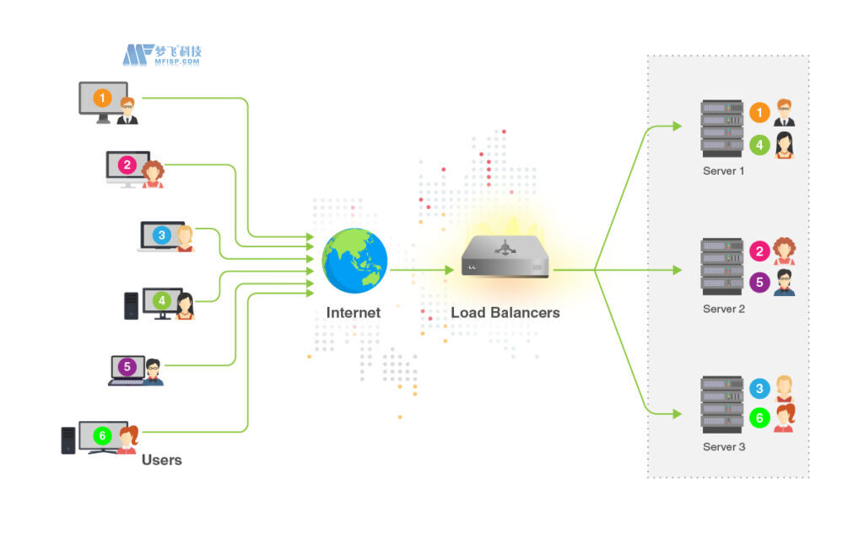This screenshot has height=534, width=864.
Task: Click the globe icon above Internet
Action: pos(354,262)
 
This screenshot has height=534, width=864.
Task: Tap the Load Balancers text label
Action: pos(505,313)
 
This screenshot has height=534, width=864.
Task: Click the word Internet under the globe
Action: pos(354,313)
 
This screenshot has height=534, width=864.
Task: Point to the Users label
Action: pos(161,461)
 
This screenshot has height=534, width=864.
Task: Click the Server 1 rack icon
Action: pos(721,129)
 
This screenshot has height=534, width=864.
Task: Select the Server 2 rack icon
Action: pos(721,267)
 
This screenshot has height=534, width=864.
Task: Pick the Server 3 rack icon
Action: pos(721,406)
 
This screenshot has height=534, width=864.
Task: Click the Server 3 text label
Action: pos(724,447)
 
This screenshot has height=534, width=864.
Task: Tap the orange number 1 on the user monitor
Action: pos(102,98)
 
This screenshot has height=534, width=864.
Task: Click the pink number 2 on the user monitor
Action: pos(127,165)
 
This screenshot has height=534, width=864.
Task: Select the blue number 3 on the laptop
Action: pos(161,235)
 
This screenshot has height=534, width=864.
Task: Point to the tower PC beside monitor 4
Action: pos(131,305)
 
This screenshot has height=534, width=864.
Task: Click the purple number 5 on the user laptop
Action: pos(127,367)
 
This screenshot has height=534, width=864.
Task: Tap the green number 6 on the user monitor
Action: pos(102,436)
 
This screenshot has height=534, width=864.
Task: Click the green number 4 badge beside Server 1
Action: pos(759,145)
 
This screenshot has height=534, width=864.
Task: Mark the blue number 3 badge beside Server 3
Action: pos(759,389)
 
